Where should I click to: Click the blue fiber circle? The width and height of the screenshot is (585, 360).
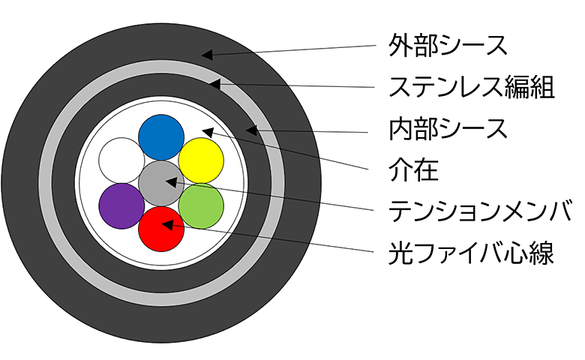click(x=161, y=137)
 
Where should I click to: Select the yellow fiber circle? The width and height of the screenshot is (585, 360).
click(x=201, y=160)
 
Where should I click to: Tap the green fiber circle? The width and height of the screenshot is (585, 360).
click(x=201, y=206)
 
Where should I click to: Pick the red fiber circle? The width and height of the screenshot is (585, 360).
click(x=161, y=229)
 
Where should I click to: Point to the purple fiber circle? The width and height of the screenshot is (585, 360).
click(x=121, y=206)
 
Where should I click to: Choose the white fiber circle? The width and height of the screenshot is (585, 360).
click(x=121, y=160)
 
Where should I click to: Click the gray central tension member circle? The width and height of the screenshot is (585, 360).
click(x=161, y=183)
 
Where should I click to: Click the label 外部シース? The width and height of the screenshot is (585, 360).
click(x=448, y=46)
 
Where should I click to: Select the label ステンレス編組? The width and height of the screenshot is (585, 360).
click(x=472, y=87)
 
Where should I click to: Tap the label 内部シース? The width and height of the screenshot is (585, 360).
click(x=448, y=129)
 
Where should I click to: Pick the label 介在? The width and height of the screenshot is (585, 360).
click(x=413, y=169)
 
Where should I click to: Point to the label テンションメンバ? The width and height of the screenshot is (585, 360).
click(x=480, y=211)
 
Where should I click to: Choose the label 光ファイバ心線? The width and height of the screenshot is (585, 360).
click(x=471, y=253)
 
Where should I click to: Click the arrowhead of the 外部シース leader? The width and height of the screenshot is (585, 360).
click(x=207, y=55)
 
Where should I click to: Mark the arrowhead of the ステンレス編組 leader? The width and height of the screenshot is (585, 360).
click(x=214, y=83)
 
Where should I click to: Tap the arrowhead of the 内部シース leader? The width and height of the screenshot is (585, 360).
click(x=251, y=130)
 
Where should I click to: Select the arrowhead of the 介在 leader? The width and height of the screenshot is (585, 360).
click(x=208, y=132)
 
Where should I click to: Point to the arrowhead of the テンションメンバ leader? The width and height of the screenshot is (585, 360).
click(x=171, y=182)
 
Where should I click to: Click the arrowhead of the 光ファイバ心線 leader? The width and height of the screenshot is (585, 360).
click(x=168, y=224)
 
